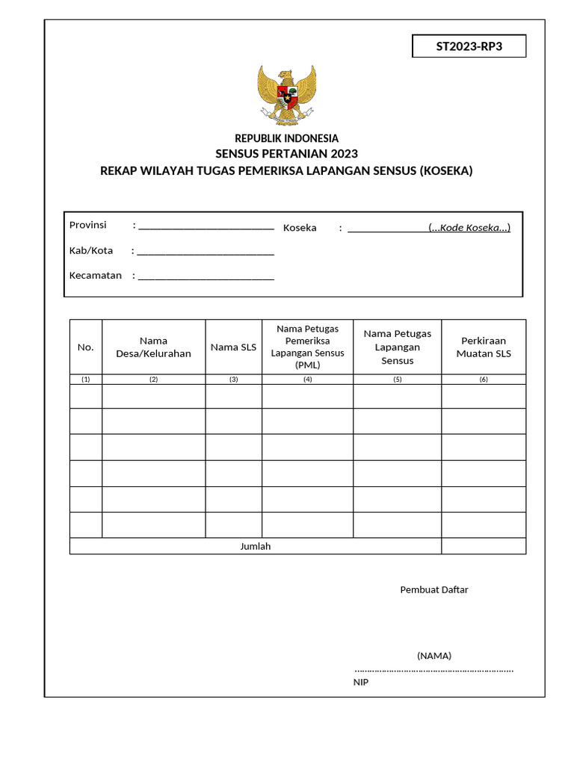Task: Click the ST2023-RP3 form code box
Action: (469, 46)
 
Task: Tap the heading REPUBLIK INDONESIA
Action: (287, 138)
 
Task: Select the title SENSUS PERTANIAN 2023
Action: (287, 155)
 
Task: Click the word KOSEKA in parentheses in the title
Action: (447, 171)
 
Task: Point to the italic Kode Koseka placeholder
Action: (469, 228)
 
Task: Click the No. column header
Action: (86, 347)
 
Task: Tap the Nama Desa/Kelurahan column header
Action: (153, 347)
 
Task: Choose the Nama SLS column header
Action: (233, 347)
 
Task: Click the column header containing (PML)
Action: (307, 347)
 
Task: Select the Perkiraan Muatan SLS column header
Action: (484, 347)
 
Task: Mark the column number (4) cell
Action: (307, 380)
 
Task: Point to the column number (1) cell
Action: (86, 380)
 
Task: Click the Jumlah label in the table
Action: (255, 547)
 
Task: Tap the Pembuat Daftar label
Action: (434, 590)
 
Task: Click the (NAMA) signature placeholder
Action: (434, 656)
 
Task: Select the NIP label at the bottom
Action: (361, 682)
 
